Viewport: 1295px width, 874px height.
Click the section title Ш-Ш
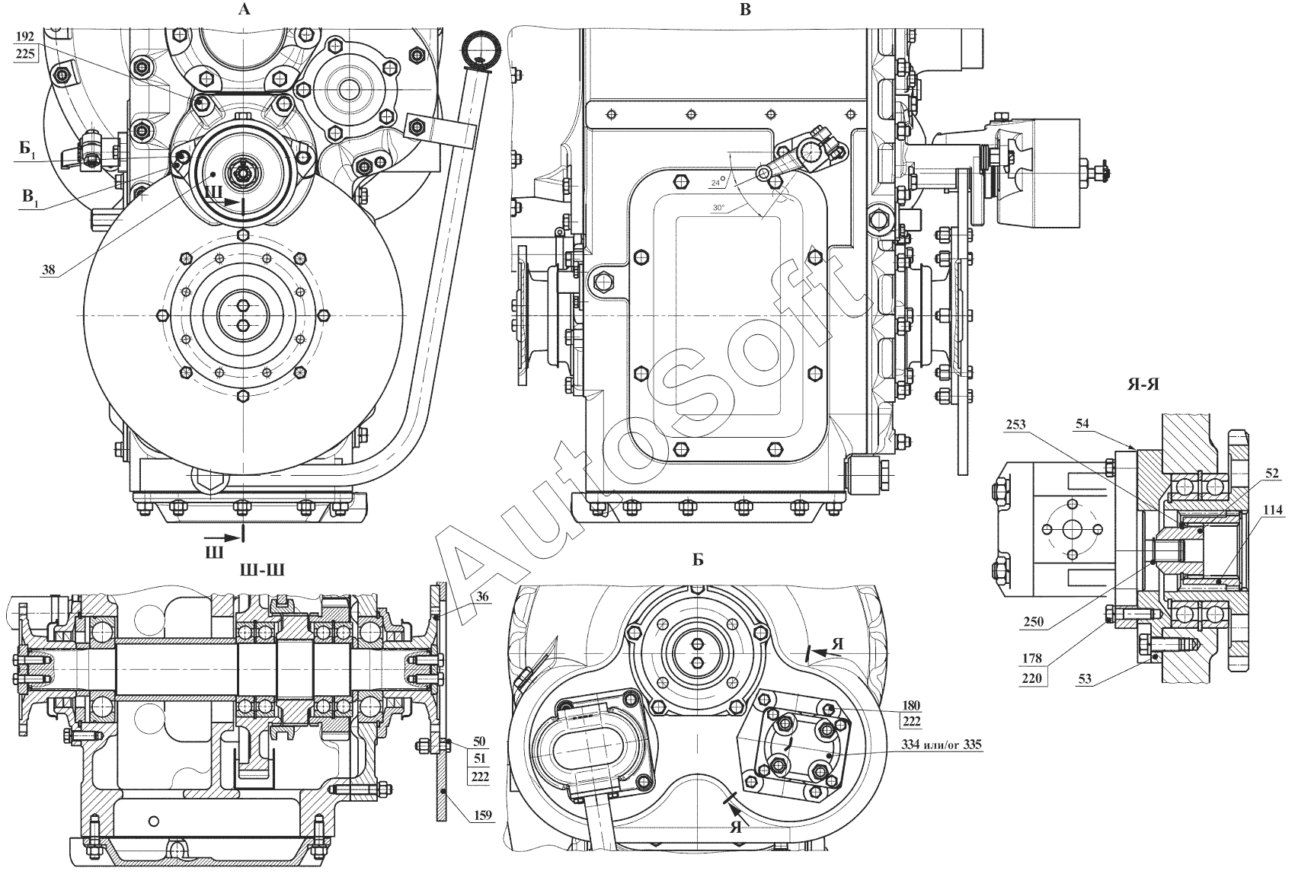coord(261,570)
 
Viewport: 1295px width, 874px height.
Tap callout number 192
coord(24,36)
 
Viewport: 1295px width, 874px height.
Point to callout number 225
coord(24,54)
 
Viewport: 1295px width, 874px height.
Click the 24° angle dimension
coord(716,183)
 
